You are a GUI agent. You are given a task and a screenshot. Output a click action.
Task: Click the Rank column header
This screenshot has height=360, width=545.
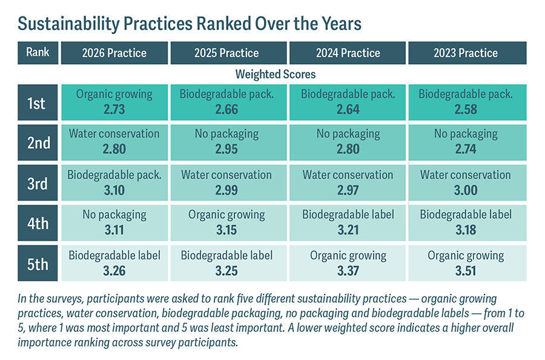pos(38,53)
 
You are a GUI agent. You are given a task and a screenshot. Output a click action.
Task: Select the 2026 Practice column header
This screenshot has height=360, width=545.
pos(114,53)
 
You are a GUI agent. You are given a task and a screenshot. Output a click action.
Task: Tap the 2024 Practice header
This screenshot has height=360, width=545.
pos(348,53)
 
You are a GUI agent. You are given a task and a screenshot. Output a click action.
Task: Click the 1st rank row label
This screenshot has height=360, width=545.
pos(38,102)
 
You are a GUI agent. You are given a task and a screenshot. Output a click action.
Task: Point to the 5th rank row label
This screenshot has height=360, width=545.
pos(38,263)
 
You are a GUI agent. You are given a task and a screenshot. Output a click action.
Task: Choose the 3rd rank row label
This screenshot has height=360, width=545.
pos(38,183)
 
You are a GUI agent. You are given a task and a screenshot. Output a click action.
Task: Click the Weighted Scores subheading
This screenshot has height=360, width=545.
pos(276,75)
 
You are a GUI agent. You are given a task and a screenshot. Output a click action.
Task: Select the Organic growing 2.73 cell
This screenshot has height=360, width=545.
pos(114,102)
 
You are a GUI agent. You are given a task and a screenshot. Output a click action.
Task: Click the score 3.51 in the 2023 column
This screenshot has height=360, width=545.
pos(466,271)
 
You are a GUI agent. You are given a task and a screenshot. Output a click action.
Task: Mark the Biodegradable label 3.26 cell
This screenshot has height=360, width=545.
pos(114,263)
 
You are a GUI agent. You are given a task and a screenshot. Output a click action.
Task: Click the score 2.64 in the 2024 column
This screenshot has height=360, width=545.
pos(348,110)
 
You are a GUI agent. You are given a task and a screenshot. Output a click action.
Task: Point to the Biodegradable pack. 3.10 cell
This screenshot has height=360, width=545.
pos(114,183)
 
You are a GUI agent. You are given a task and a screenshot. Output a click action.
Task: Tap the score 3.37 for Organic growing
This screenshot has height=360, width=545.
pos(348,271)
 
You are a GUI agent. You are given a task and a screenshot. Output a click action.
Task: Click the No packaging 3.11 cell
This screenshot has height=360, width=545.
pos(114,223)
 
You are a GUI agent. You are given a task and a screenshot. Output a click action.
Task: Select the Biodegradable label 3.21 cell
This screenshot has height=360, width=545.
pos(348,223)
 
